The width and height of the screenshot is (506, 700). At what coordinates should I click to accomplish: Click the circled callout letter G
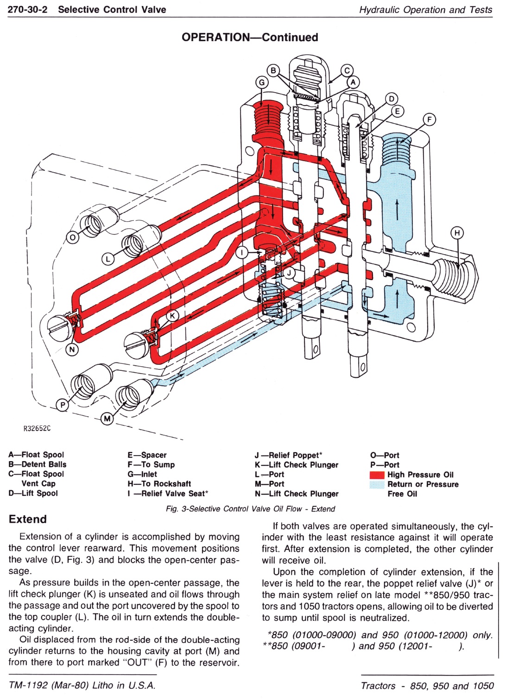click(x=262, y=82)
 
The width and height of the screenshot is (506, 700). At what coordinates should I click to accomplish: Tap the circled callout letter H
click(x=457, y=233)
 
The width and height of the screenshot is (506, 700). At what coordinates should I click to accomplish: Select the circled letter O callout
click(x=73, y=238)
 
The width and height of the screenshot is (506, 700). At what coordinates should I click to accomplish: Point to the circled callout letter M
click(x=107, y=419)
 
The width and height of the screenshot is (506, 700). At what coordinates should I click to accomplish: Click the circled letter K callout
click(x=172, y=316)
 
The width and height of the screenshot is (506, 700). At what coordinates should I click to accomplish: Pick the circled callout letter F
click(x=429, y=120)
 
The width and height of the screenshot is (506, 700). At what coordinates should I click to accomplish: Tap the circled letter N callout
click(x=72, y=350)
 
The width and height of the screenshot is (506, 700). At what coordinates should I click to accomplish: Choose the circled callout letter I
click(x=241, y=252)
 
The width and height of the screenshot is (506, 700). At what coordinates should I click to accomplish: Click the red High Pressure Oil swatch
click(x=377, y=475)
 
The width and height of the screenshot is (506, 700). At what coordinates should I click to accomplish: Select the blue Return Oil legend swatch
click(x=377, y=485)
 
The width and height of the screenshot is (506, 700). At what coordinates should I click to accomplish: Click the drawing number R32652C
click(x=37, y=429)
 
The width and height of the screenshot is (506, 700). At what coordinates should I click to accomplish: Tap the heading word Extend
click(x=28, y=519)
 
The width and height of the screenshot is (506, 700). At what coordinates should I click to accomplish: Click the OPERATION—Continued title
click(x=250, y=37)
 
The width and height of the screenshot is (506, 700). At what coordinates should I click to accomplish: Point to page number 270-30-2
click(x=30, y=9)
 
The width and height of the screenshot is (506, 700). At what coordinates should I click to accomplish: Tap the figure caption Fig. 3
click(x=250, y=509)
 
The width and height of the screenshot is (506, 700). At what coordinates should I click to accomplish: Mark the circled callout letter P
click(x=61, y=406)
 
